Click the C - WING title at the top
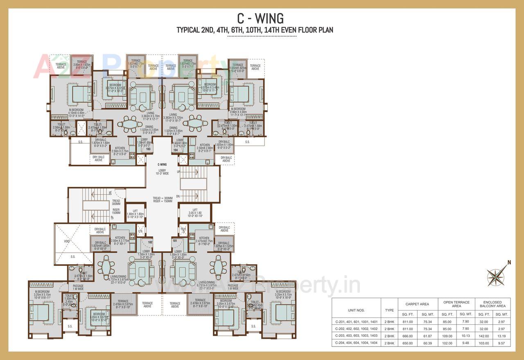(260, 18)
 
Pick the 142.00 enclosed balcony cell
(483, 335)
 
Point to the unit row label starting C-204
(356, 342)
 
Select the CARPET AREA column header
(417, 304)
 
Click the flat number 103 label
(149, 149)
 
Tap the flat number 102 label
(150, 242)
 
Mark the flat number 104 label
(175, 150)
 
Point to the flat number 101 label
(175, 241)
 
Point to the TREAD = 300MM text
(163, 198)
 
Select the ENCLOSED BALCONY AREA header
(492, 304)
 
